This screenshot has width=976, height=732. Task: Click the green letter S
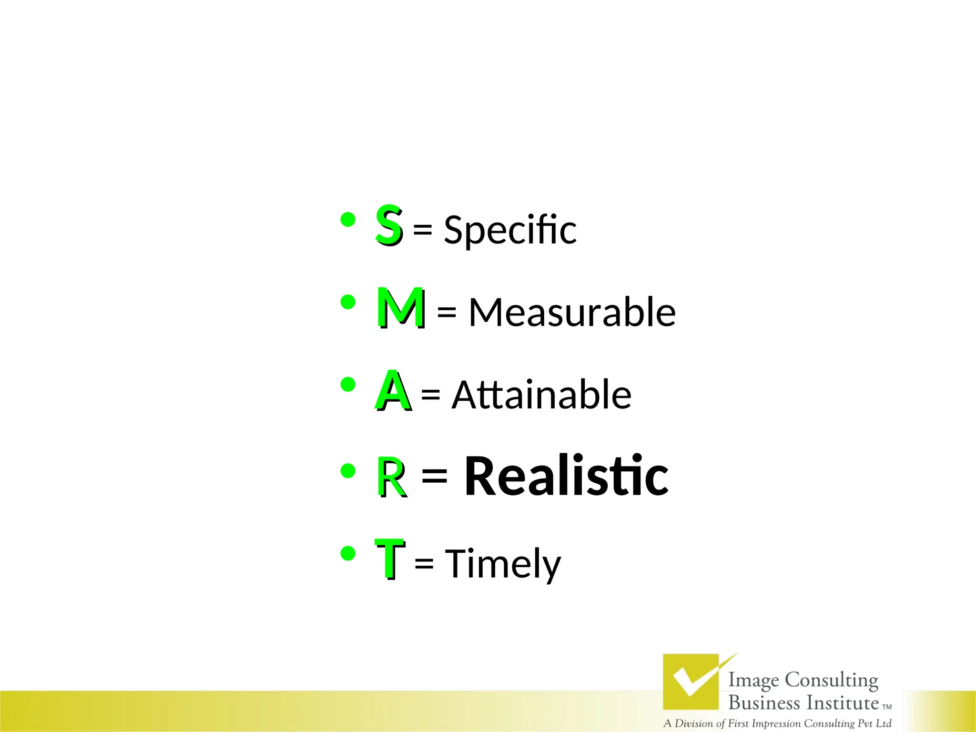(388, 224)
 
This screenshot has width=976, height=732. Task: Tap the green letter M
(400, 307)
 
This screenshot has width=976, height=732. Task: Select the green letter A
(393, 390)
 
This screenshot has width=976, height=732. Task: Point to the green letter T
(389, 558)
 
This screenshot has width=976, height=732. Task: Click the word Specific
(510, 230)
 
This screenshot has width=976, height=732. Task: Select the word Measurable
(572, 312)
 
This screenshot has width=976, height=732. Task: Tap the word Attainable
(541, 395)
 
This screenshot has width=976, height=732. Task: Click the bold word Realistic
(566, 476)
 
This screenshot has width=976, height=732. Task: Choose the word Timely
(503, 564)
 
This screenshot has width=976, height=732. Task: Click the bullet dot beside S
(348, 220)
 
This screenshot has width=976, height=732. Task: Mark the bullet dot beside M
(348, 302)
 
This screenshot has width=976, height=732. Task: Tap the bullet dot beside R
(348, 471)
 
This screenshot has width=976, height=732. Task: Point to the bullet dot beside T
(348, 553)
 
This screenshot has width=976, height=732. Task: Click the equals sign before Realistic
(434, 476)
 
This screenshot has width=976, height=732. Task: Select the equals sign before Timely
(424, 563)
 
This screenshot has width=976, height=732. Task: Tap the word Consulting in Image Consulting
(831, 680)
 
